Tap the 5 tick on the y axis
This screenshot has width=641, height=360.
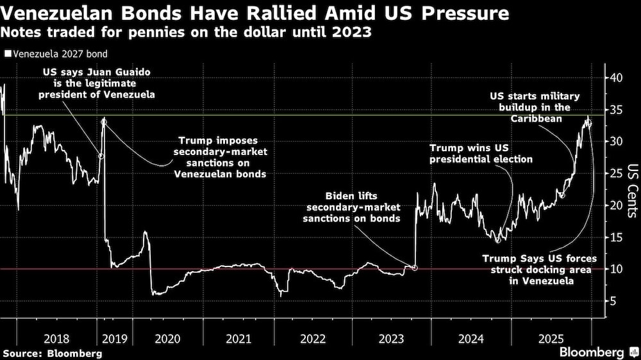click(x=613, y=301)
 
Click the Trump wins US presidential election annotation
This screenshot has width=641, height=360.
click(x=481, y=153)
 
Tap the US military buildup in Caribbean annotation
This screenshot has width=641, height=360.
click(x=535, y=108)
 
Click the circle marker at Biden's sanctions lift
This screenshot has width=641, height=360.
click(x=415, y=268)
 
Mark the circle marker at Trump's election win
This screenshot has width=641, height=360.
click(x=498, y=222)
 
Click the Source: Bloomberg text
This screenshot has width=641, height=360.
click(x=53, y=353)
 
